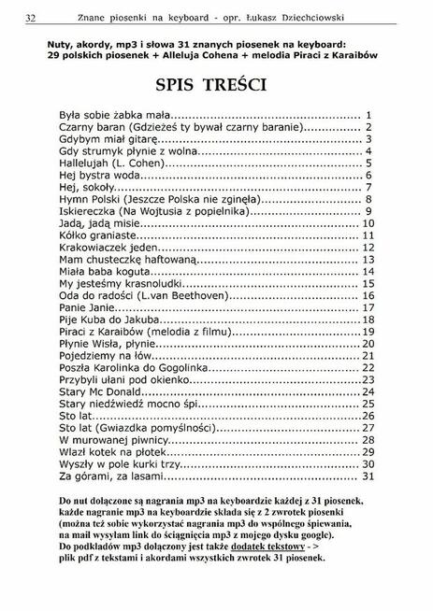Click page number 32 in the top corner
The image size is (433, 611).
(31, 18)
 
